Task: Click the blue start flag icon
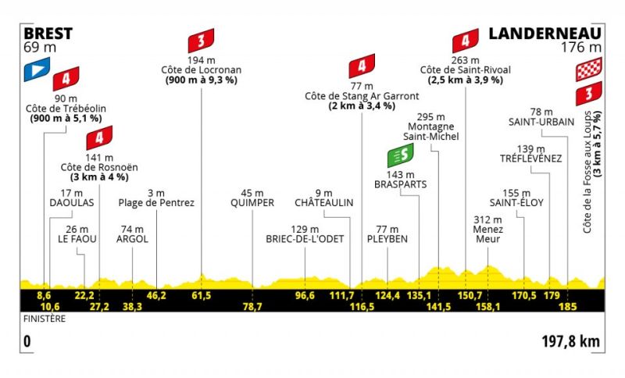37,70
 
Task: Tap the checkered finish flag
589,70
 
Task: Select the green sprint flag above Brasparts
400,155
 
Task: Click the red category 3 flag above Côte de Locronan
201,41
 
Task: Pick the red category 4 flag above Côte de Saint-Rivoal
465,41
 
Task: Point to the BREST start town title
48,34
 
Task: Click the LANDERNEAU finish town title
545,34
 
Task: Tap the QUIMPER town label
252,203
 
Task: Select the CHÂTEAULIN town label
324,202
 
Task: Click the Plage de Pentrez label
156,203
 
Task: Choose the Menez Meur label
487,234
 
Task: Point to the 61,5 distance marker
202,295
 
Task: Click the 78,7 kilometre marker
252,306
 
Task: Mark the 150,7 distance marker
470,295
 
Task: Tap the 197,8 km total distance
571,341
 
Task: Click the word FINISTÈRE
45,319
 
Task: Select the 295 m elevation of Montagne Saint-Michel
431,117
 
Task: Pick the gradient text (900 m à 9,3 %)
202,80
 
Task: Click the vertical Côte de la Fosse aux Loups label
587,172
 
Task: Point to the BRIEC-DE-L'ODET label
305,239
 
